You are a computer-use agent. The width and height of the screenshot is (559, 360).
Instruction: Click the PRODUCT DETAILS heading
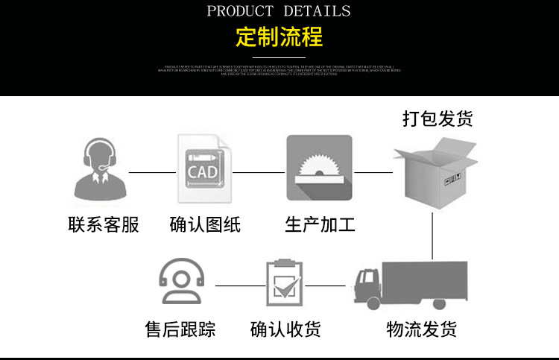click(x=279, y=11)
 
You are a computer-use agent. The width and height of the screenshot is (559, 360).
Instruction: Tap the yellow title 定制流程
click(x=279, y=37)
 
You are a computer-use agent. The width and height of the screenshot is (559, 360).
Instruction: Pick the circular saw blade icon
click(x=319, y=168)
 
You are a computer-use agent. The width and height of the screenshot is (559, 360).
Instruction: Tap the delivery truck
click(x=410, y=284)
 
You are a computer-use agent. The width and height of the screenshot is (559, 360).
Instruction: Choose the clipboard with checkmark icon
click(x=285, y=284)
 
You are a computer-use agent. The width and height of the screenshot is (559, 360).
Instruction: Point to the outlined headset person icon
click(x=180, y=281)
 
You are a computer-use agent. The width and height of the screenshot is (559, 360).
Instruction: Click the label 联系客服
click(x=103, y=224)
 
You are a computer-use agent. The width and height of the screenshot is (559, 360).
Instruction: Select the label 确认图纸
click(x=205, y=224)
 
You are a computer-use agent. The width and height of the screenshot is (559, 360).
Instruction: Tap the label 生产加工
click(x=320, y=224)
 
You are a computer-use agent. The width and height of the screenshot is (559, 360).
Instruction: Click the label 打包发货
click(x=438, y=119)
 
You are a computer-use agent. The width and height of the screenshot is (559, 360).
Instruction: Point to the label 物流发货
click(x=422, y=329)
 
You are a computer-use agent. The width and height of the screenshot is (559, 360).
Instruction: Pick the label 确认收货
click(x=285, y=329)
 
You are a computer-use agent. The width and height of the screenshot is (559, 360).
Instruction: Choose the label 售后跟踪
click(x=180, y=329)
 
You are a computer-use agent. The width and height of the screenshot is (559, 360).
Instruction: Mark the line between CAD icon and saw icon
click(x=259, y=172)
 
